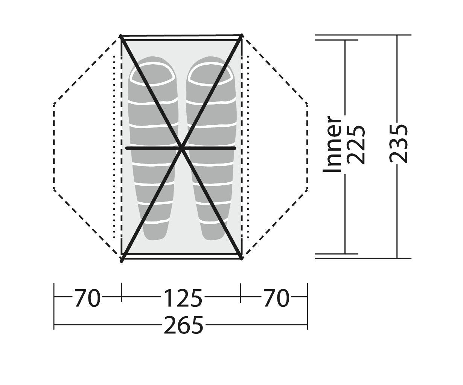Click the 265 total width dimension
point(183,325)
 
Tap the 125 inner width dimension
point(183,298)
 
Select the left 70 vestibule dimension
point(87,298)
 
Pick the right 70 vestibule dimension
point(277,298)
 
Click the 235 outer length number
point(399,144)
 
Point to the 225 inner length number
point(356,145)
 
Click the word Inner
point(332,144)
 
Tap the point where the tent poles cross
point(181,148)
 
